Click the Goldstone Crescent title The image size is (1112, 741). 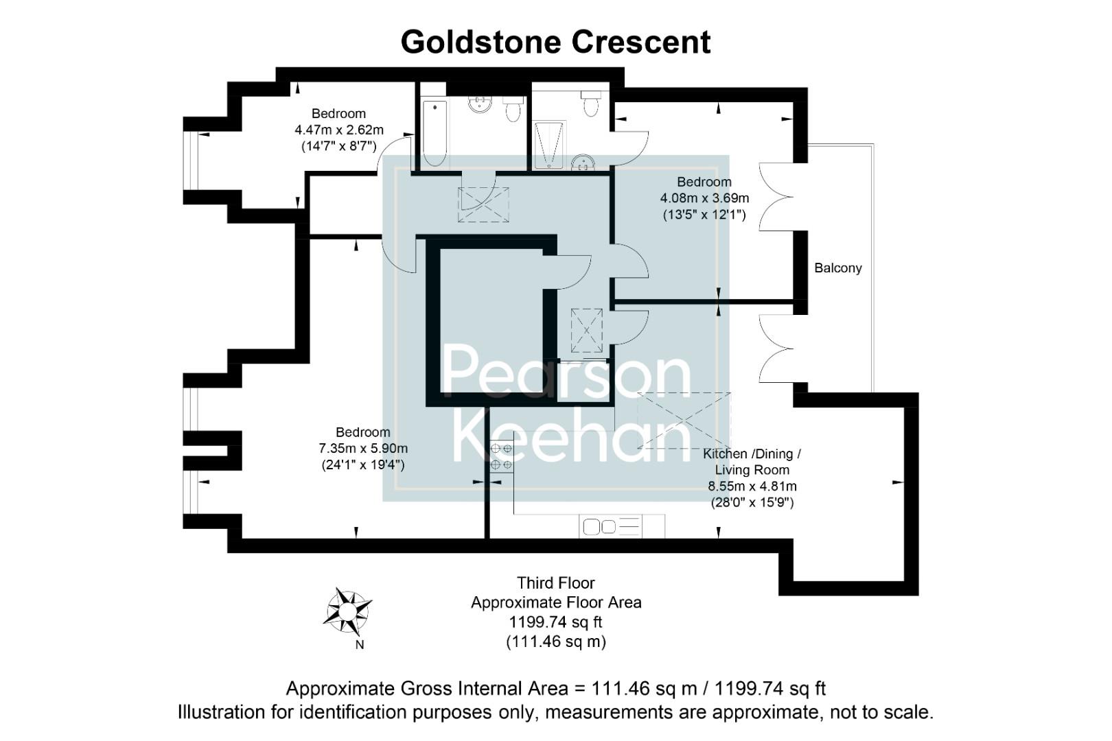(555, 42)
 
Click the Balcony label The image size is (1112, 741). (837, 268)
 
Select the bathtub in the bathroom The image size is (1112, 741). (434, 134)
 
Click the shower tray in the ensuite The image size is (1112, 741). (548, 145)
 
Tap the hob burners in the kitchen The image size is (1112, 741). (501, 456)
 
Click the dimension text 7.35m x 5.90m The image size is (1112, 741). (362, 449)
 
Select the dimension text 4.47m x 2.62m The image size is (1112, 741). (338, 130)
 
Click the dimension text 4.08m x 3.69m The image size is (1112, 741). (704, 198)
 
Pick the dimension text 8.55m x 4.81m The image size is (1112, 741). (752, 486)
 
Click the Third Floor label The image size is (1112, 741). (555, 583)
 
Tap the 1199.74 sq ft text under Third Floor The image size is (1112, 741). (555, 622)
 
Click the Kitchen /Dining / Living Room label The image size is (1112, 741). (752, 462)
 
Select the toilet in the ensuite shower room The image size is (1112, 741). (590, 104)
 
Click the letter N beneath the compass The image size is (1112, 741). (359, 645)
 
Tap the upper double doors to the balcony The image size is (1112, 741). (776, 196)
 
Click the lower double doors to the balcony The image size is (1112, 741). (776, 348)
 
